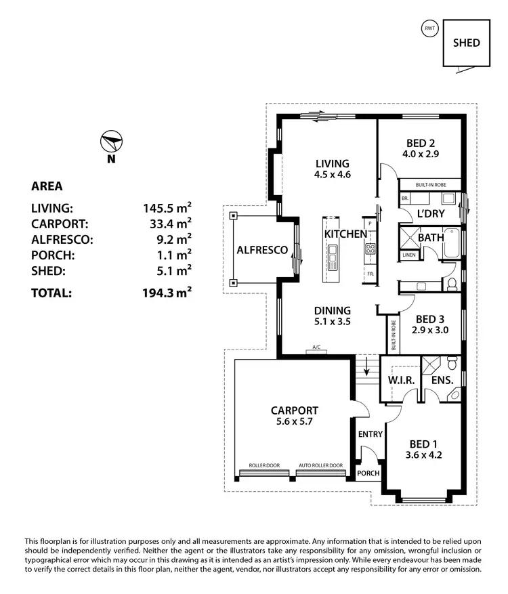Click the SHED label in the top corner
[467, 43]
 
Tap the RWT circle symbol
[429, 28]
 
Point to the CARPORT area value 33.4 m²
[168, 223]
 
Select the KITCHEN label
[345, 234]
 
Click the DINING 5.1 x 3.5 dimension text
[332, 322]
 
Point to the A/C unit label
[316, 348]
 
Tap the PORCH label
[368, 473]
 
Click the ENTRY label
[370, 434]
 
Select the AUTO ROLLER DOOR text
[320, 465]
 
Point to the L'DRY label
[430, 213]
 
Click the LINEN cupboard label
[408, 255]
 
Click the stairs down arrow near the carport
[366, 370]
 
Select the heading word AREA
[47, 186]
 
